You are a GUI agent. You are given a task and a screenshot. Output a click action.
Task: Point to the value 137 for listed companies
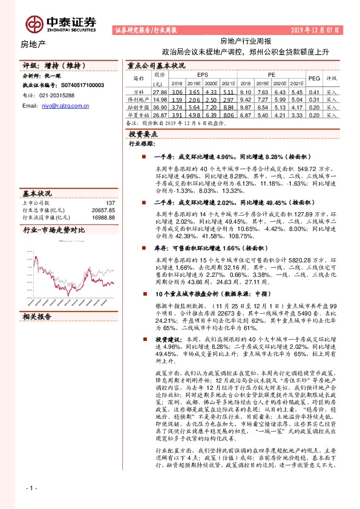tap(110, 203)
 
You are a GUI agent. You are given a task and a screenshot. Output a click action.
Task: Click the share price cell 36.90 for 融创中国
tap(160, 106)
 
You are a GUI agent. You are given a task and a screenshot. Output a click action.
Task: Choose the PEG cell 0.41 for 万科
tap(314, 91)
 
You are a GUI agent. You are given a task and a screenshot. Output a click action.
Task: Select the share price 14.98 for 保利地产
tap(160, 99)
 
